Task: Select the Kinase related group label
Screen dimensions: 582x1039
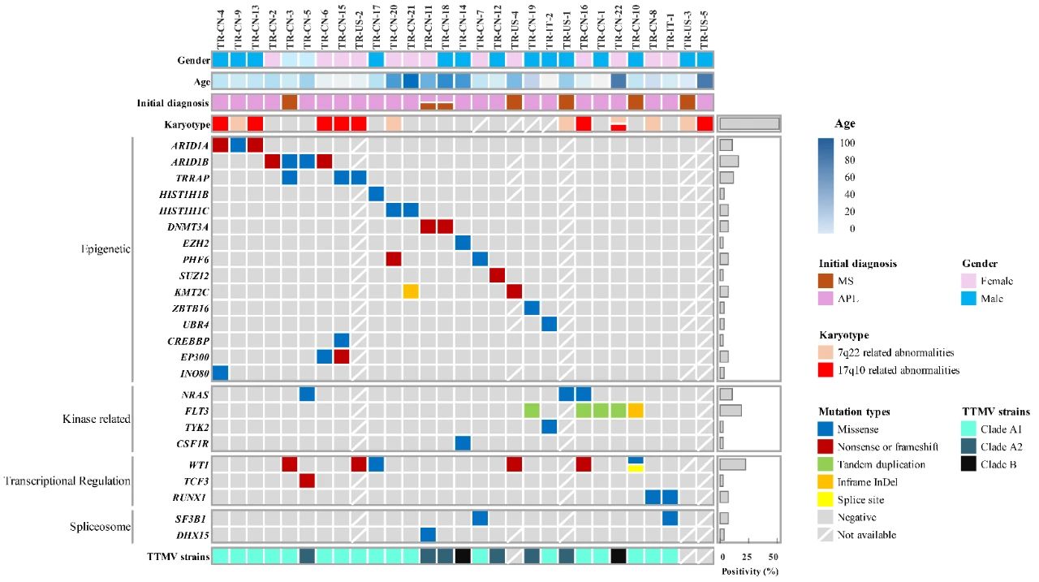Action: coord(97,419)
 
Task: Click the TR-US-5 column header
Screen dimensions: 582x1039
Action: coord(705,26)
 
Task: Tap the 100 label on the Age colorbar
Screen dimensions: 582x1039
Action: coord(849,143)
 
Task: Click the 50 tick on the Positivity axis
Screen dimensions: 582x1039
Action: coord(774,557)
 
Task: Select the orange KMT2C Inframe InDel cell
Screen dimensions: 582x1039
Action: coord(411,291)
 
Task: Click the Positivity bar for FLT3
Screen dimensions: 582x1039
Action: coord(730,411)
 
